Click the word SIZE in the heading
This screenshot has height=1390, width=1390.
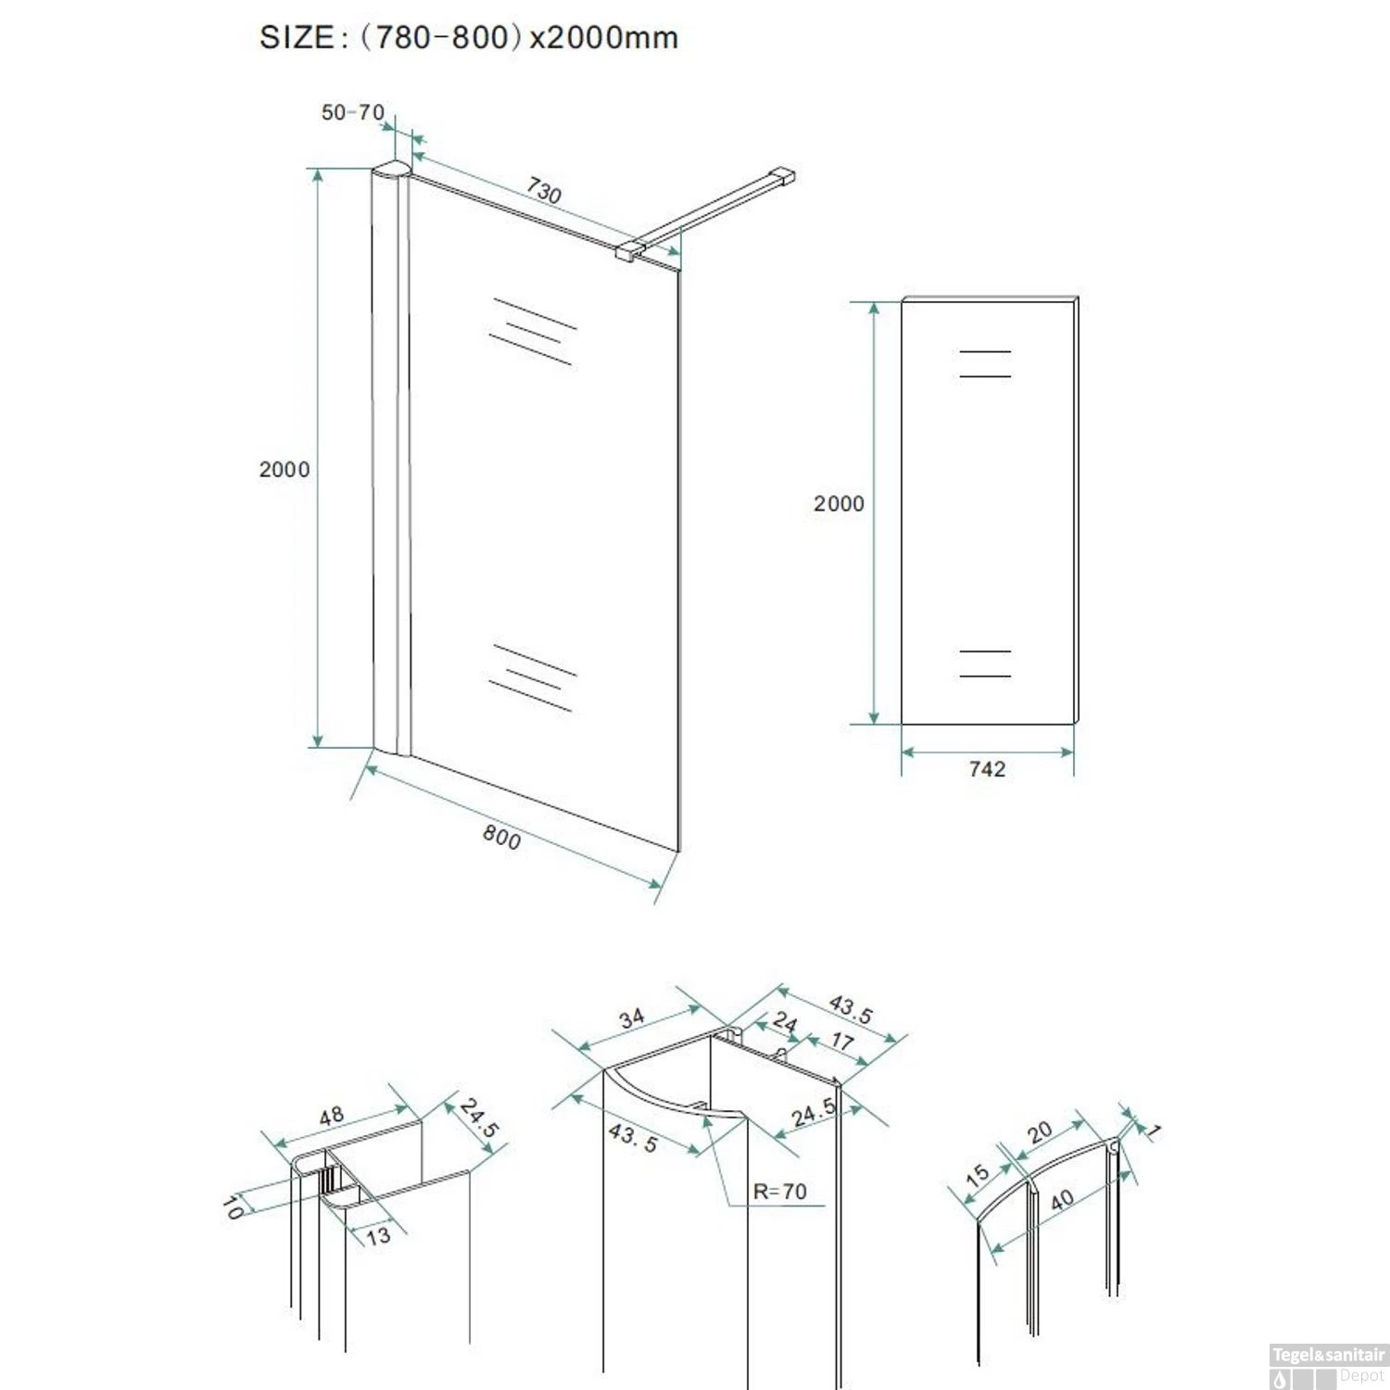[x=297, y=37]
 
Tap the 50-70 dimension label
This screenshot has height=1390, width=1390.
[x=352, y=112]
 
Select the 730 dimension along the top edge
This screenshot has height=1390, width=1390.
[x=544, y=190]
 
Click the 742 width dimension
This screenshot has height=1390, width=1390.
[x=987, y=769]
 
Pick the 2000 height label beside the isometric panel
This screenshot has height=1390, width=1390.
[x=284, y=469]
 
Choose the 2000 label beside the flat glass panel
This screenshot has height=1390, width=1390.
[x=839, y=503]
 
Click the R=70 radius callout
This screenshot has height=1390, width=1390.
[x=779, y=1191]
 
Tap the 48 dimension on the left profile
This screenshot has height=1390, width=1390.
[x=331, y=1116]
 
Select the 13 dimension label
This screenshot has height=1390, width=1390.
[x=378, y=1235]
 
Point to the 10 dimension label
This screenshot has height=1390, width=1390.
[x=233, y=1207]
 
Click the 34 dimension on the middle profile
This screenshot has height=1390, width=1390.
[x=632, y=1018]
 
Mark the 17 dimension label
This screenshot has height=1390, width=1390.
[x=841, y=1041]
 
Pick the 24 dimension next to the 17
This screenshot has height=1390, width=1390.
[x=785, y=1022]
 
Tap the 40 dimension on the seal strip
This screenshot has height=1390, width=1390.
[x=1062, y=1200]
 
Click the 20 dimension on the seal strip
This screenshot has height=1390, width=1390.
[x=1040, y=1131]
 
